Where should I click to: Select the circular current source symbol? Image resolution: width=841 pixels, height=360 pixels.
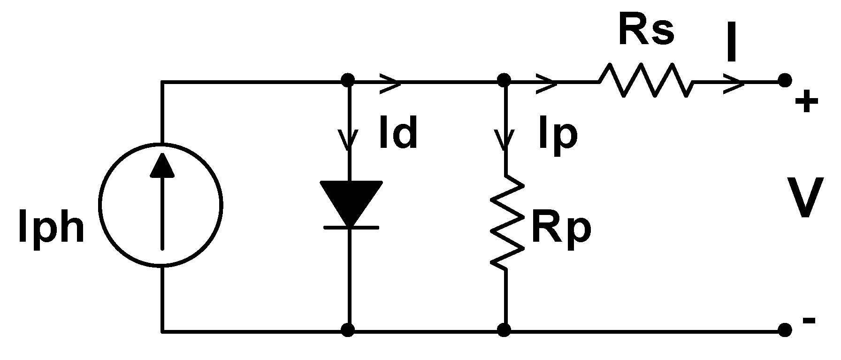(x=161, y=205)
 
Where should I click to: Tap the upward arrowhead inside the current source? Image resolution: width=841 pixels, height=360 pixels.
(x=162, y=165)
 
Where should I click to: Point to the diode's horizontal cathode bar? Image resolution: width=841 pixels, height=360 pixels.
(x=350, y=228)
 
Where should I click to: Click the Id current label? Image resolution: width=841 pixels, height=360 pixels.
(x=398, y=134)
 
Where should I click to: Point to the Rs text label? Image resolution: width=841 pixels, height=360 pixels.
(x=646, y=31)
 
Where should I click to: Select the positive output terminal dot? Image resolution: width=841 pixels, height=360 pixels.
(x=785, y=81)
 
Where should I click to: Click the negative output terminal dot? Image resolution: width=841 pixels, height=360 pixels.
(x=785, y=330)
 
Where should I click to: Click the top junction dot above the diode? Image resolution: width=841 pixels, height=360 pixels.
(x=348, y=80)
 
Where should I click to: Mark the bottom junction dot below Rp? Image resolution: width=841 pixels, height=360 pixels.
(x=505, y=330)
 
